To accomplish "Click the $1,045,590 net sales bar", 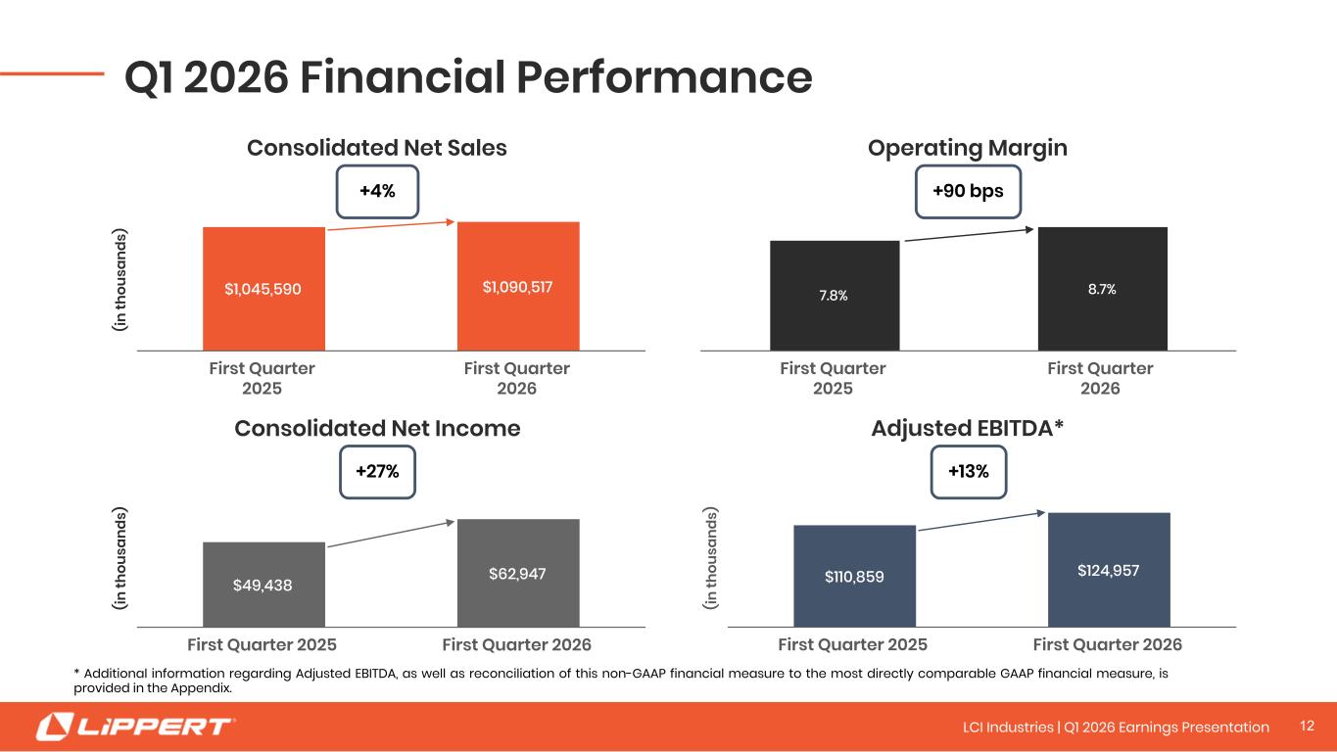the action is [263, 289].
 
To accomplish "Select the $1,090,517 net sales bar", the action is [518, 287].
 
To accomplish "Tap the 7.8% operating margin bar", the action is [835, 296].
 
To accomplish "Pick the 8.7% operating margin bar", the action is [1103, 289].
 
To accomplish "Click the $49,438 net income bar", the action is [263, 585].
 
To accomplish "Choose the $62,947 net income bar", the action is [518, 573].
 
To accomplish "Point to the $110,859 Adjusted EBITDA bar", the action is [854, 576].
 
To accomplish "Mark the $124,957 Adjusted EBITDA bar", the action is [1109, 570].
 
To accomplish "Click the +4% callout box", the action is [377, 192].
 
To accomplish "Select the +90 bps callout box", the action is [968, 192].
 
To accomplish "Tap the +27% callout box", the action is [377, 472].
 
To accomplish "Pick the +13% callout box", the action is [968, 472].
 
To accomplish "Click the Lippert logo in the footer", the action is [135, 727].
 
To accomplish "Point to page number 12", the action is [1308, 726].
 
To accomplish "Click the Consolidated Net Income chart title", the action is [377, 429].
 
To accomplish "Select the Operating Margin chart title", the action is [968, 148].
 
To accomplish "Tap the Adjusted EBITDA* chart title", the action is [968, 428].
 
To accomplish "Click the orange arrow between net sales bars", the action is [392, 225].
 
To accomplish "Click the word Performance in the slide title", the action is [664, 77].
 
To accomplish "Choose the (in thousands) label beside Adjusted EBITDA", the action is [710, 558].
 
